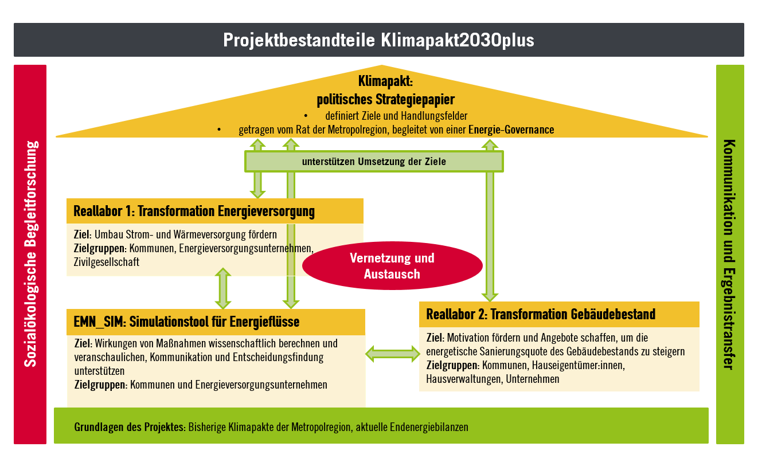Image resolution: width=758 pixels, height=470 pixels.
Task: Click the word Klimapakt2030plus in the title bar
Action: [458, 40]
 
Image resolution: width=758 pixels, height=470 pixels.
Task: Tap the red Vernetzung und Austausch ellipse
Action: [392, 265]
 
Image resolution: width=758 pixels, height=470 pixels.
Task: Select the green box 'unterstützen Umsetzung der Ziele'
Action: [374, 162]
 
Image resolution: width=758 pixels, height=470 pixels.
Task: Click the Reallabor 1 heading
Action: [194, 211]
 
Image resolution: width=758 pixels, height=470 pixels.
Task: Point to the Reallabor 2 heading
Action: [541, 314]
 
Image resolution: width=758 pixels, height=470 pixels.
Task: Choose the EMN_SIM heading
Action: [186, 322]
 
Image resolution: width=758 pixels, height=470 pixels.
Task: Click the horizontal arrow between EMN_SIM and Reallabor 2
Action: [393, 354]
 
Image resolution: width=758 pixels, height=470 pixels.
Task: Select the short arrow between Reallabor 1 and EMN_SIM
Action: [223, 288]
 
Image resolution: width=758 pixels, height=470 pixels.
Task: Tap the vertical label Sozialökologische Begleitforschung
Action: [31, 254]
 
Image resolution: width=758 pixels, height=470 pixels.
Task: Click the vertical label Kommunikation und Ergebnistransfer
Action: [729, 254]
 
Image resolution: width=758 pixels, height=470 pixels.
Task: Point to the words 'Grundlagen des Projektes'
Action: [129, 427]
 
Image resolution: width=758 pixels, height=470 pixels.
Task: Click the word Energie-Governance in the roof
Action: [511, 130]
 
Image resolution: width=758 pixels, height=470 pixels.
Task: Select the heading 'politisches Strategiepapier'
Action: [385, 100]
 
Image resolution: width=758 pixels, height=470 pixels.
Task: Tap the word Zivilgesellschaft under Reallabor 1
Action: [107, 263]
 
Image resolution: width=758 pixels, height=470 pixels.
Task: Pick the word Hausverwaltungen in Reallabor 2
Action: [464, 379]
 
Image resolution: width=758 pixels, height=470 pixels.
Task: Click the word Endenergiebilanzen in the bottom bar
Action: [429, 427]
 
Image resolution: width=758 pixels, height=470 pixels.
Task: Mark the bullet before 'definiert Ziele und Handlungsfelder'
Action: [306, 116]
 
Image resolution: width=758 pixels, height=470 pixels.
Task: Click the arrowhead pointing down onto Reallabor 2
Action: [490, 296]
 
